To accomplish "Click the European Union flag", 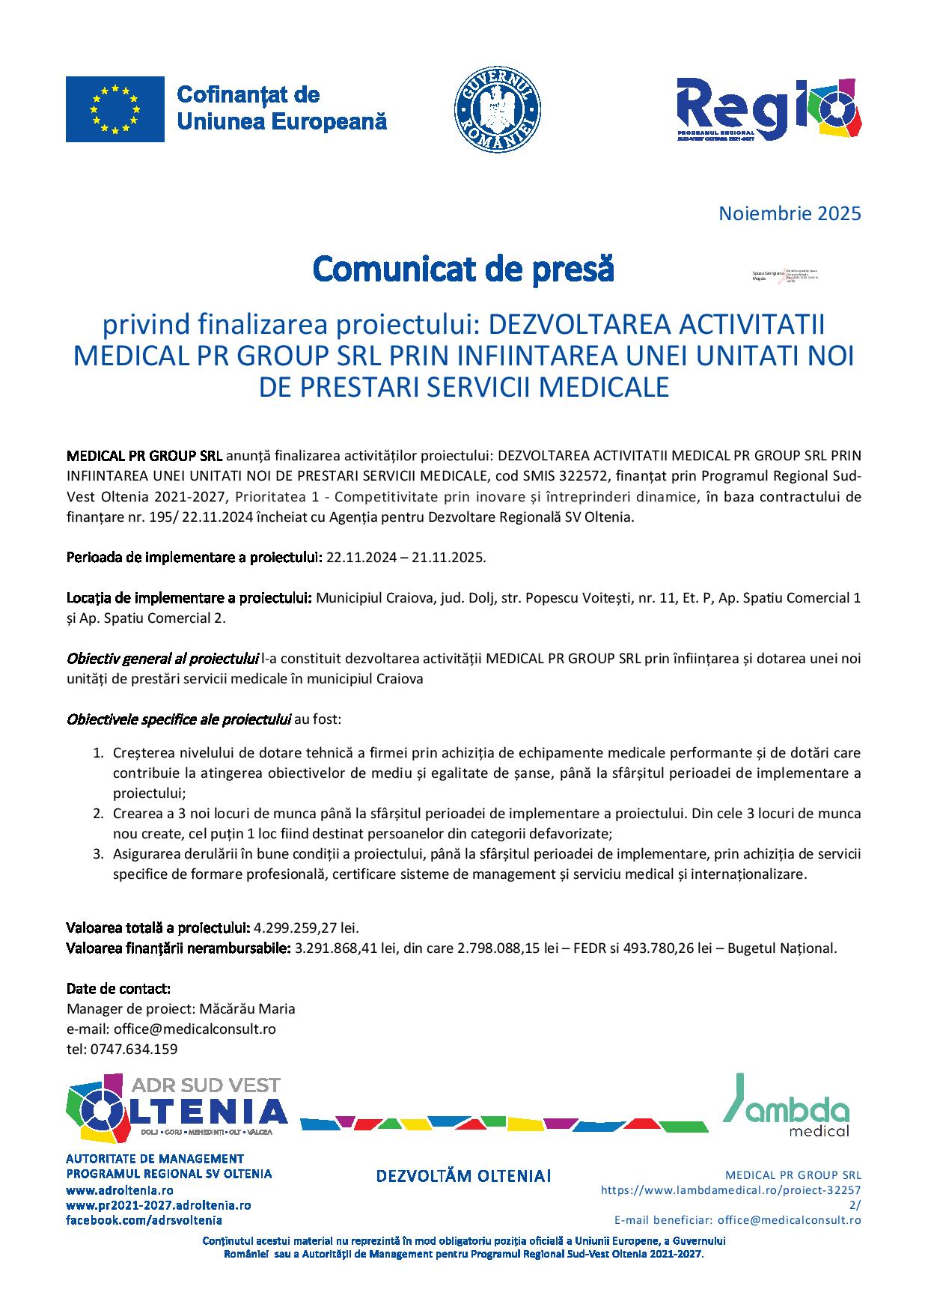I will [115, 109].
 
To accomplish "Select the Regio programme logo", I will [768, 109].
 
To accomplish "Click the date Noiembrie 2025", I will [790, 213].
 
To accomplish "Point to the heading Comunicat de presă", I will [463, 269].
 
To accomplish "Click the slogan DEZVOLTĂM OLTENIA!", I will [463, 1176].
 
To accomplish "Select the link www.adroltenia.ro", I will [120, 1189].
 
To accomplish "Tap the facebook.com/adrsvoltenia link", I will [144, 1219].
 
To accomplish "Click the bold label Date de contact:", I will [118, 988].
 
